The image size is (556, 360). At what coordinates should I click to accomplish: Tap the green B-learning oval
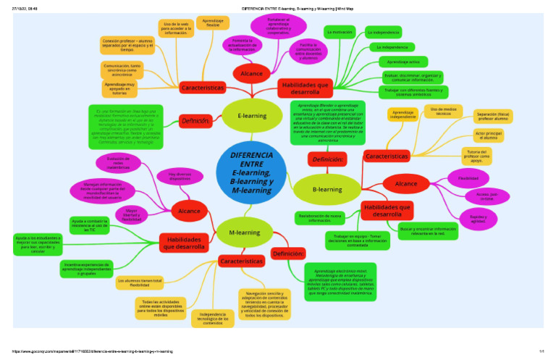click(327, 189)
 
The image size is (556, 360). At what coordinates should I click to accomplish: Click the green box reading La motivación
click(340, 33)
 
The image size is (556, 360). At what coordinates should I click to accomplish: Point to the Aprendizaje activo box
click(403, 62)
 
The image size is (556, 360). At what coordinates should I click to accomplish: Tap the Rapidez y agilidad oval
click(478, 219)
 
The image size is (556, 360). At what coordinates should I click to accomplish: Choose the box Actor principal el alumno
click(489, 135)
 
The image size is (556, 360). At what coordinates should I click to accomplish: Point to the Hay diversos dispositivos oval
click(180, 176)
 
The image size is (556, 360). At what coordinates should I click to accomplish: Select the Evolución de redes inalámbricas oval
click(117, 162)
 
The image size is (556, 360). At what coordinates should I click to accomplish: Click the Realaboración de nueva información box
click(319, 218)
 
